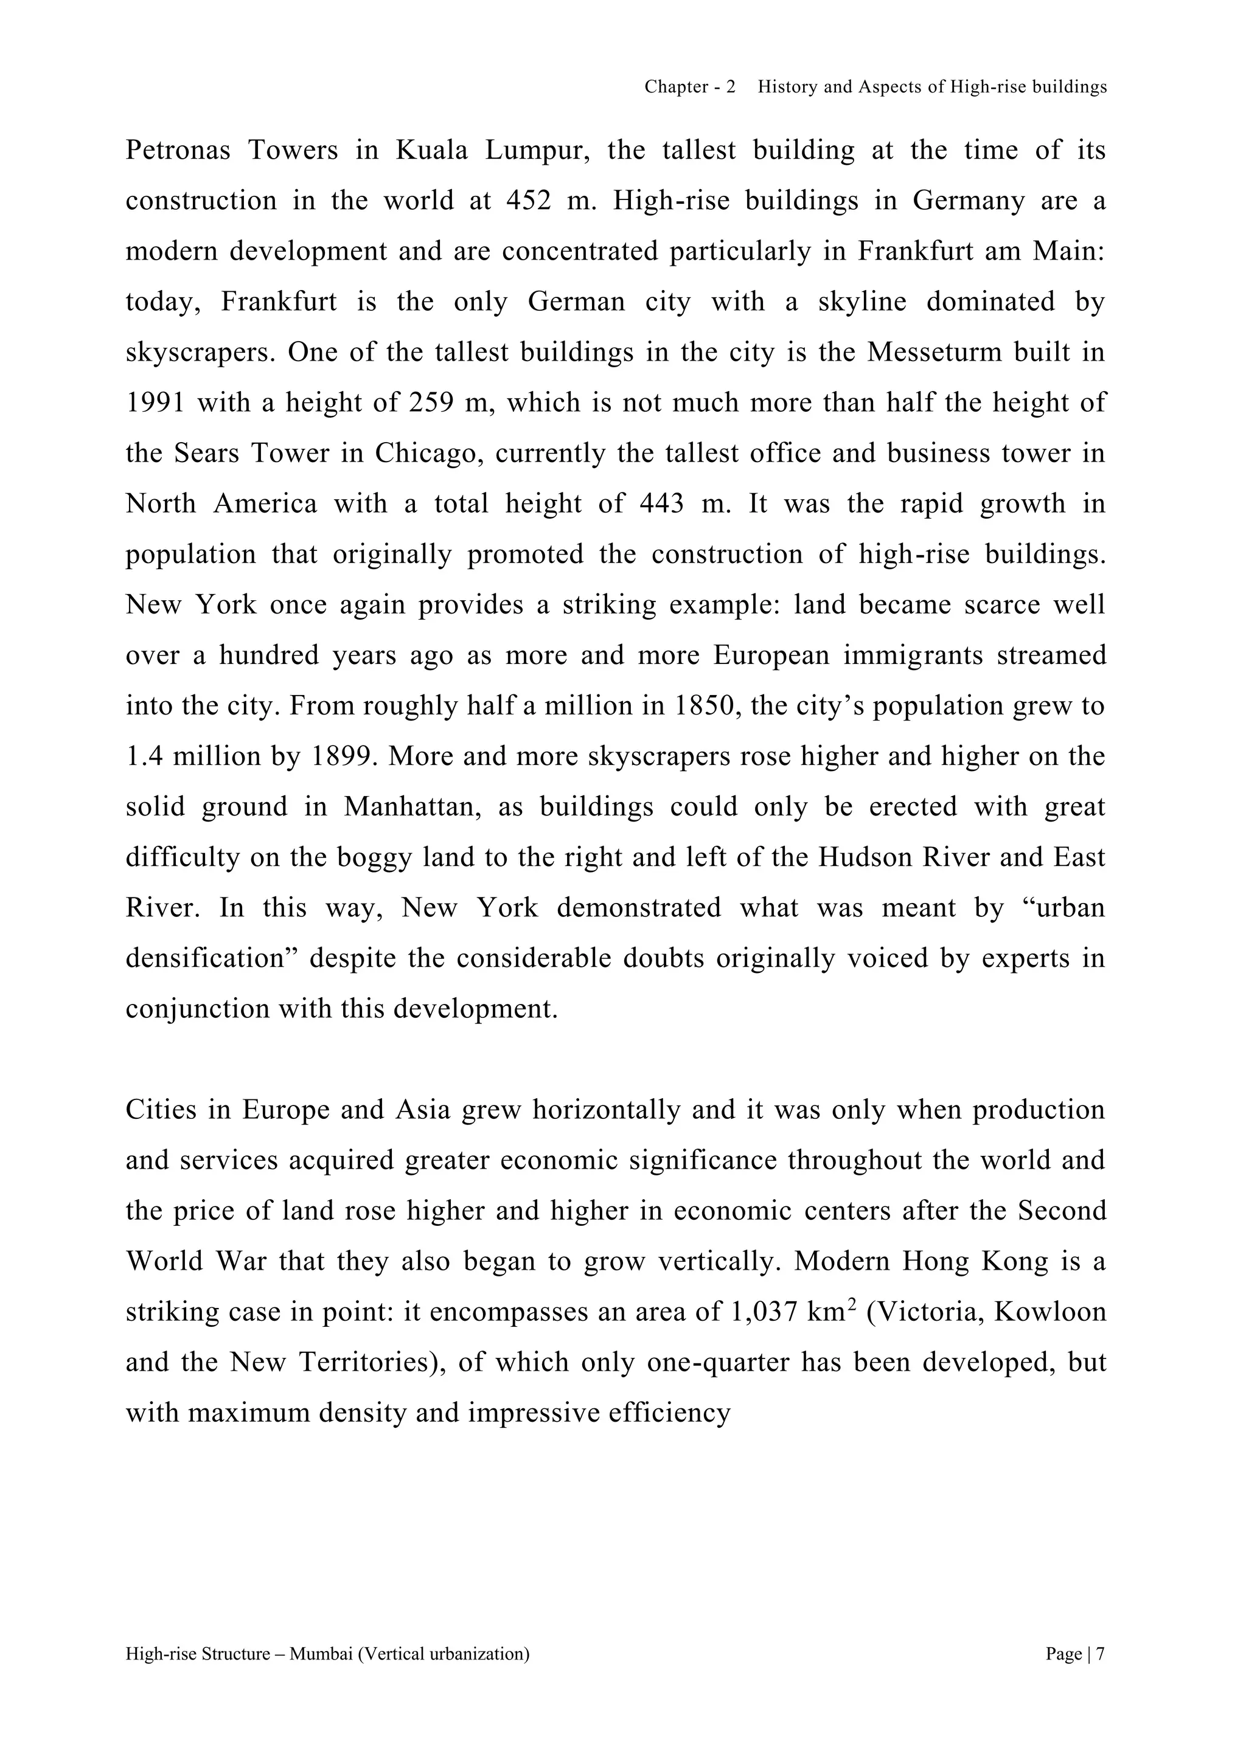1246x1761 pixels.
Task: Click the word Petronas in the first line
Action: click(178, 150)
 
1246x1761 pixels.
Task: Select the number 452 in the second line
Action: click(529, 201)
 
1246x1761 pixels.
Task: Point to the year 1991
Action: click(155, 403)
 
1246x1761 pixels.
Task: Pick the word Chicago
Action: click(425, 453)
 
